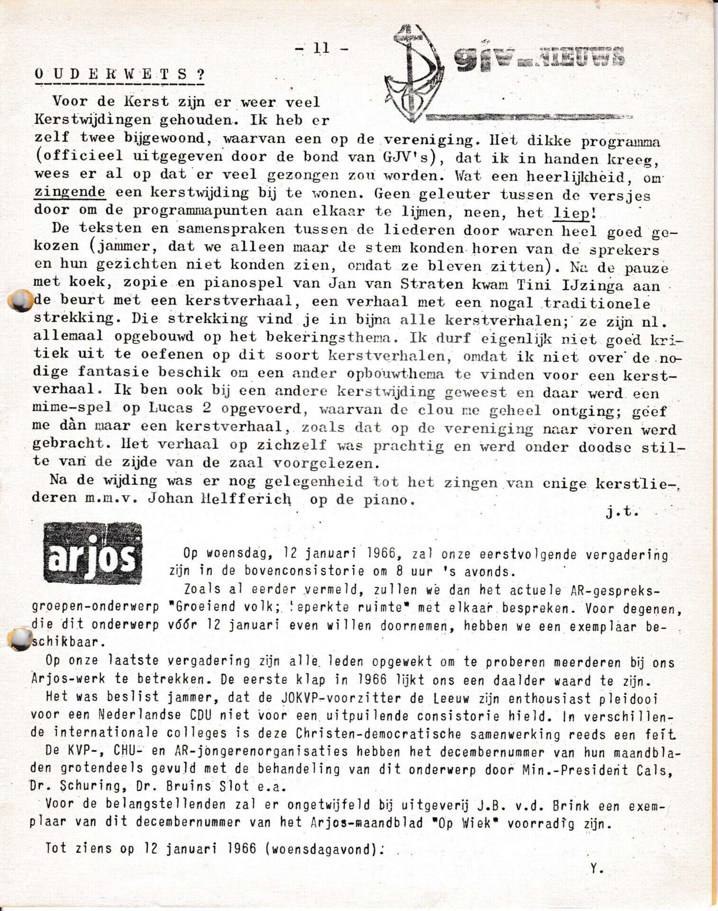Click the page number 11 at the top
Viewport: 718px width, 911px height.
(x=321, y=48)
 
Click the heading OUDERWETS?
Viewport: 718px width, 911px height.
(x=120, y=74)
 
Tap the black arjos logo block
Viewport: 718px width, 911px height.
(x=92, y=553)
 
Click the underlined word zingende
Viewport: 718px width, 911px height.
(x=70, y=192)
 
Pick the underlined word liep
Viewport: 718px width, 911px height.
(x=571, y=213)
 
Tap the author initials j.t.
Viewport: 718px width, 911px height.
(x=622, y=511)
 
